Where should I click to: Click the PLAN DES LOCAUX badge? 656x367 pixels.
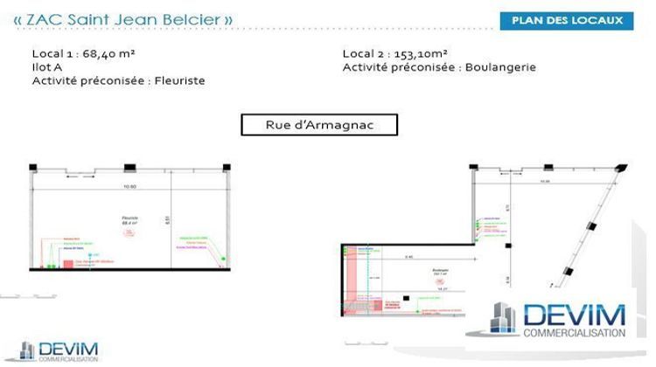pyautogui.click(x=567, y=21)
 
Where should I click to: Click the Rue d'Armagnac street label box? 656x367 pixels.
pyautogui.click(x=319, y=125)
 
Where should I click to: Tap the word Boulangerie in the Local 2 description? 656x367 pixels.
pyautogui.click(x=503, y=67)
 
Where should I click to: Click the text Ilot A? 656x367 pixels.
pyautogui.click(x=47, y=67)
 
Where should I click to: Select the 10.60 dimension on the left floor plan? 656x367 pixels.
pyautogui.click(x=132, y=186)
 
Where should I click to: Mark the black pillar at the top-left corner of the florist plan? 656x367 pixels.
pyautogui.click(x=32, y=166)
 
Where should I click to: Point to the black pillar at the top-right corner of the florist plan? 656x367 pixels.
pyautogui.click(x=227, y=166)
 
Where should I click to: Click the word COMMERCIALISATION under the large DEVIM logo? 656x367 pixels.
pyautogui.click(x=574, y=333)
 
